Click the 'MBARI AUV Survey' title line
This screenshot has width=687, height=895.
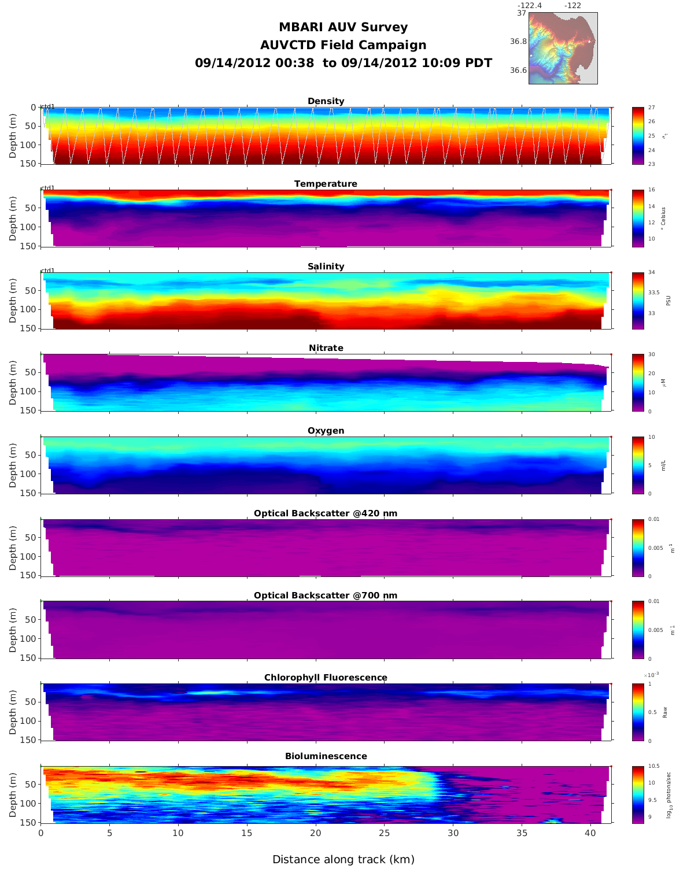pos(343,27)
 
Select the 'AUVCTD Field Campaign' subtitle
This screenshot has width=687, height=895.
pos(343,45)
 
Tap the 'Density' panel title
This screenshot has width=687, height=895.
pos(326,101)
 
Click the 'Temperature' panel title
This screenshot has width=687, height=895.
pos(326,184)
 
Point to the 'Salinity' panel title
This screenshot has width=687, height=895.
pos(326,267)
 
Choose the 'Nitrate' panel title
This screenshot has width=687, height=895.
pos(326,348)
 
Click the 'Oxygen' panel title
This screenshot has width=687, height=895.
pos(326,431)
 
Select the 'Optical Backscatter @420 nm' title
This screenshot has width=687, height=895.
pos(326,513)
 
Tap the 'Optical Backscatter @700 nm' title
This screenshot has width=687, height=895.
pos(326,596)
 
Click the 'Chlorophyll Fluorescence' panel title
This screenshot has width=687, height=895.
pos(326,678)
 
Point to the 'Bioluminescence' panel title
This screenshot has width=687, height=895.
pos(326,756)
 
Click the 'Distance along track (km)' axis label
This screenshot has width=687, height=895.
pos(343,860)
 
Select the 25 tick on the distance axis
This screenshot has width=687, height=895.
pos(384,833)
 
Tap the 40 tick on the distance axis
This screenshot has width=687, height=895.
pos(590,833)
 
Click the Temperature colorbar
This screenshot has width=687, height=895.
pos(638,218)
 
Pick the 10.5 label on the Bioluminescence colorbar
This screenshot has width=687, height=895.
pos(653,766)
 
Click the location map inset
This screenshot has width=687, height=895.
pos(563,48)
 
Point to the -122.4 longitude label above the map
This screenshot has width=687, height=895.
pos(529,6)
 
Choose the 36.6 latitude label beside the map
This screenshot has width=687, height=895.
pos(518,71)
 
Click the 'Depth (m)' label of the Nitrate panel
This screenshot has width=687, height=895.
pos(13,382)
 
